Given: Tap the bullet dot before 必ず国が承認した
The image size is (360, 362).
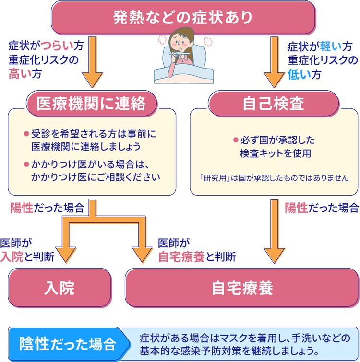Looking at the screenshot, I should coord(236,140).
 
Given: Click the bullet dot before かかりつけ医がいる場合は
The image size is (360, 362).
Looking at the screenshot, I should coord(26,164).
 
